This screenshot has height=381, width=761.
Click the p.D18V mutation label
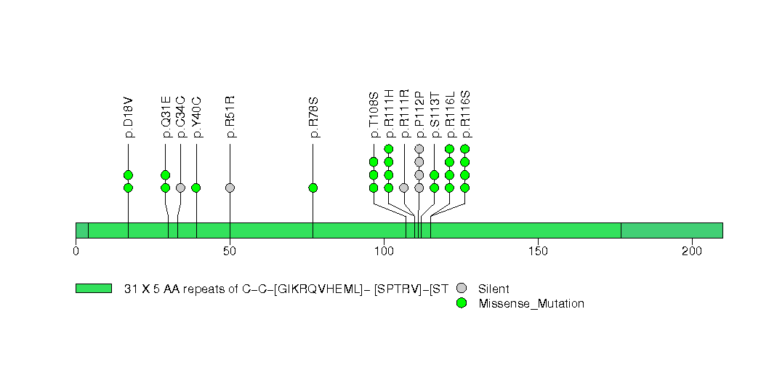coord(129,116)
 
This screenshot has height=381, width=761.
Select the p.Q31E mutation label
coord(166,116)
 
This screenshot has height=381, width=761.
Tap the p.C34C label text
coord(181,116)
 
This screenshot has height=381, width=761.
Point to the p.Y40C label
coord(196,116)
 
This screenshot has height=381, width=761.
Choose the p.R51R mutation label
coord(230,116)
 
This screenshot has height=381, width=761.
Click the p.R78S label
coord(313,116)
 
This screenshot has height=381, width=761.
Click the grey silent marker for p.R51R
coord(230,188)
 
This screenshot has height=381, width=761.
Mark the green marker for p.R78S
coord(313,188)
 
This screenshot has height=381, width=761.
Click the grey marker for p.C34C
coord(180,188)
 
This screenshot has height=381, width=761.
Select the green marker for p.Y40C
coord(196,188)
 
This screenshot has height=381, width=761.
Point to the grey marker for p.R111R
coord(404,188)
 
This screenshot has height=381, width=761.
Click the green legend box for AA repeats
coord(94,289)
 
